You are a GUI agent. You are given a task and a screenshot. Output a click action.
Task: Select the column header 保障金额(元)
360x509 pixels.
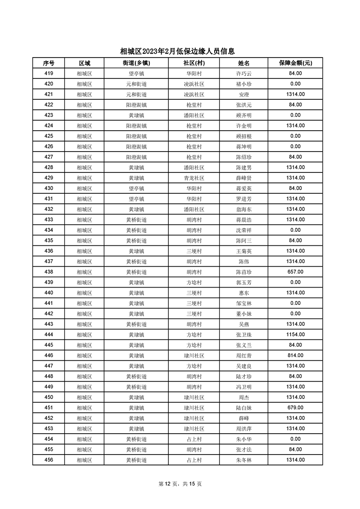(295, 63)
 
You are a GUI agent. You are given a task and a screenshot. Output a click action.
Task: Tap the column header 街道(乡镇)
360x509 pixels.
(136, 63)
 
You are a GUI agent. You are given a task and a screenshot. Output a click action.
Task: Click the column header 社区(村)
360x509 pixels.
(194, 63)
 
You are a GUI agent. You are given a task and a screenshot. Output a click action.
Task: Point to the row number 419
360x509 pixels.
(49, 73)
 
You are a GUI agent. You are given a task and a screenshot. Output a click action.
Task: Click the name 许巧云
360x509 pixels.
(244, 73)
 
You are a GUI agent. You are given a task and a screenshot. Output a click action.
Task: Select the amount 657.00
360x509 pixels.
(295, 272)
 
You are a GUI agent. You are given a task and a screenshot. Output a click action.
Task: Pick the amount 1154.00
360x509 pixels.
(295, 334)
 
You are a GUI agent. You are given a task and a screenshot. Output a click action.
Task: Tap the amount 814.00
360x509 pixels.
(295, 355)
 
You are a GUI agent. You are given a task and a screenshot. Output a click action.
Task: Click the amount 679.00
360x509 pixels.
(295, 407)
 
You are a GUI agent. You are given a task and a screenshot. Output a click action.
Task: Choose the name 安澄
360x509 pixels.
(244, 94)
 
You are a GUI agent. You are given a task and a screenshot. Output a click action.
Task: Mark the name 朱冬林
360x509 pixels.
(244, 460)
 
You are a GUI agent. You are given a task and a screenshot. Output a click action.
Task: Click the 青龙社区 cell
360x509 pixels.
(194, 178)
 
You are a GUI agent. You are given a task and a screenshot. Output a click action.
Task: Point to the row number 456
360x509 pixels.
(49, 460)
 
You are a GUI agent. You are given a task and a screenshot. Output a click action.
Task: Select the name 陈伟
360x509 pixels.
(244, 261)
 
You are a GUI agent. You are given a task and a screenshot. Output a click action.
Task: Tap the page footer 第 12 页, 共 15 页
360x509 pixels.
(180, 484)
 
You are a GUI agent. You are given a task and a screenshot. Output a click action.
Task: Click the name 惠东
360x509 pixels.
(244, 293)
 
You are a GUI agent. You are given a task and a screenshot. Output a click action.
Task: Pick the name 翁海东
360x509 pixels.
(244, 209)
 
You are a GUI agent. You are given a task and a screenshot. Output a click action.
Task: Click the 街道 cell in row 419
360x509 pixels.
(136, 73)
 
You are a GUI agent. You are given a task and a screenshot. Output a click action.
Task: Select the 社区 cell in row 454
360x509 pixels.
(194, 439)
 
